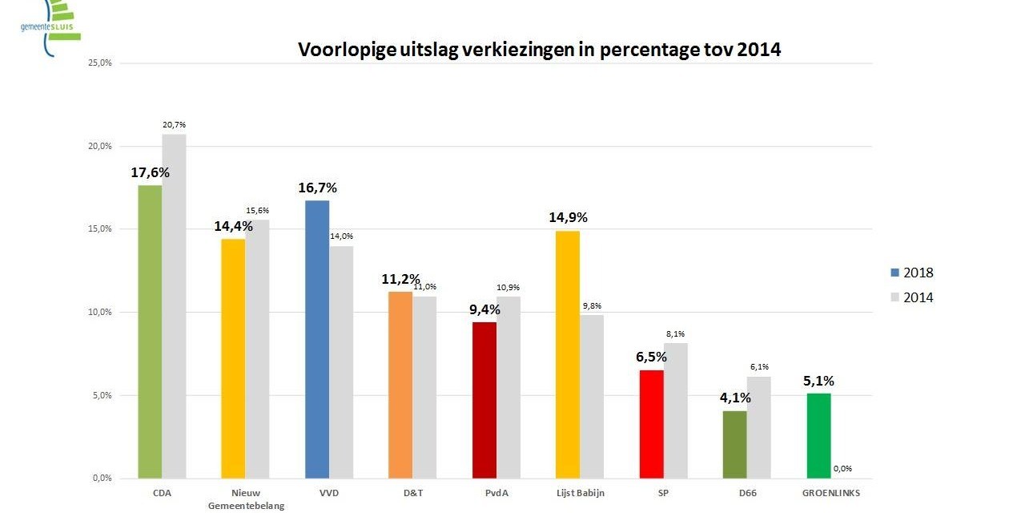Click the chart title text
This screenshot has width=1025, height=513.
(x=539, y=50)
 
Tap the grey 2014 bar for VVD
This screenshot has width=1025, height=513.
(x=341, y=362)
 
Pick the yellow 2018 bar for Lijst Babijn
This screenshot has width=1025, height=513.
(x=568, y=354)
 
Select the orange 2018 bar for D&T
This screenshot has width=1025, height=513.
(x=400, y=385)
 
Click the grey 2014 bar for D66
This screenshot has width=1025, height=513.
(x=759, y=427)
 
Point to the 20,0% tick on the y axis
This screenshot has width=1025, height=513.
(x=100, y=146)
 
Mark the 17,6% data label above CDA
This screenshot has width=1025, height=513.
(x=151, y=172)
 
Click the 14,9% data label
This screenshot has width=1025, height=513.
(x=568, y=217)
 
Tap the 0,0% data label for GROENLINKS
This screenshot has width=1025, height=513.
(x=842, y=469)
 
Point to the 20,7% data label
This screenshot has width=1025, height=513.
(x=174, y=124)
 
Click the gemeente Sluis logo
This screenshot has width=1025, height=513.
(x=50, y=24)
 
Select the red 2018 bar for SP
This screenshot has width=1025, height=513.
(x=651, y=424)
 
